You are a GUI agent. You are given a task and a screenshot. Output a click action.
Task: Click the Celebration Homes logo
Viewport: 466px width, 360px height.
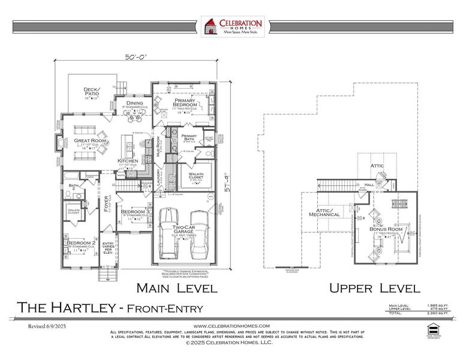(233, 27)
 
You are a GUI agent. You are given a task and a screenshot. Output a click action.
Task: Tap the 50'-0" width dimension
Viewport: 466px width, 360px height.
(136, 57)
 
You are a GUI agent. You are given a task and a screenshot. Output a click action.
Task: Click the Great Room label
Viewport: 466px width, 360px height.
(91, 140)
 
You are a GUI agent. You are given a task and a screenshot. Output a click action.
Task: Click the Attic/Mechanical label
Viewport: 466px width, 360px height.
(324, 213)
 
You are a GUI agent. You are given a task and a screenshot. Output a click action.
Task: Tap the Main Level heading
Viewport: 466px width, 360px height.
(176, 288)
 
